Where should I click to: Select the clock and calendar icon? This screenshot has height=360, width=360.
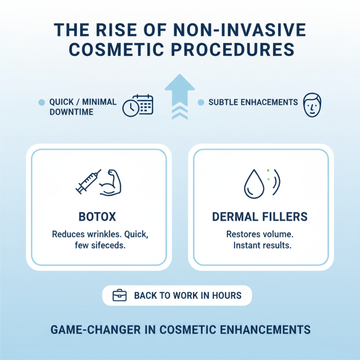coord(138,106)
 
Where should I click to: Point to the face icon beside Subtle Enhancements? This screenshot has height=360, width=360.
coord(311,105)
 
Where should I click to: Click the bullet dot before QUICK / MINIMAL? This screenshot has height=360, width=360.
coord(42,103)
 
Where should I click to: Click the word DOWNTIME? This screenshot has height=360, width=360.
coord(72,112)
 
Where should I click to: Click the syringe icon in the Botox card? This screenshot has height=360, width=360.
coord(88,181)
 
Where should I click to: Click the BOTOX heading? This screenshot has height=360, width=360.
coord(97,217)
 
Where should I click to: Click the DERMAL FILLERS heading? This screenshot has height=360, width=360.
coord(260,217)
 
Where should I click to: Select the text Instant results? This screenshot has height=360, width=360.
coord(262,246)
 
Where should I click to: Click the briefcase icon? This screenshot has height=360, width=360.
coord(119,296)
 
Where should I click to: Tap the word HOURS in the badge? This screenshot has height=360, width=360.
coord(225,296)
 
